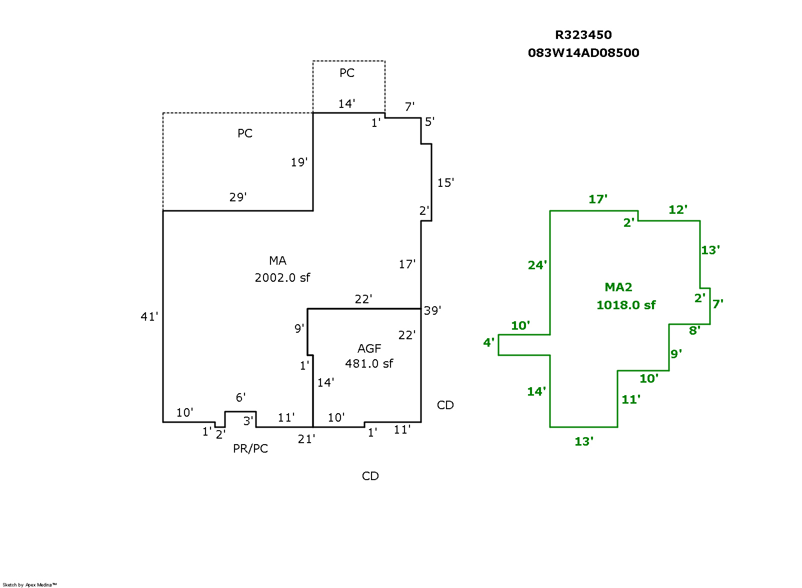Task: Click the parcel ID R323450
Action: (583, 35)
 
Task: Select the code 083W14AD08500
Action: (583, 53)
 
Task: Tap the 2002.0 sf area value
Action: (282, 278)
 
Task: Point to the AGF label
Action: (369, 349)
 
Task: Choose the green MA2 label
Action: (618, 287)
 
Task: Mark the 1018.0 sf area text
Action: (625, 305)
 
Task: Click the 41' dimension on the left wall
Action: (149, 317)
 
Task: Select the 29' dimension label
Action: (238, 197)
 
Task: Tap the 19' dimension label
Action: (299, 162)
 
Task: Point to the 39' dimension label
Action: (432, 311)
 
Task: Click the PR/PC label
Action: (250, 449)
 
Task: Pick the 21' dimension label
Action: (306, 439)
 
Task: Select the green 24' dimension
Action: (537, 265)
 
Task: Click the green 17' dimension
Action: (597, 199)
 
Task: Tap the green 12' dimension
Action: (677, 210)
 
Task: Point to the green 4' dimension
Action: (488, 343)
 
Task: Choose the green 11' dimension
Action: (630, 400)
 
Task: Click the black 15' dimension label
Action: (445, 183)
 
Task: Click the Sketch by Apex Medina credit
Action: (29, 585)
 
